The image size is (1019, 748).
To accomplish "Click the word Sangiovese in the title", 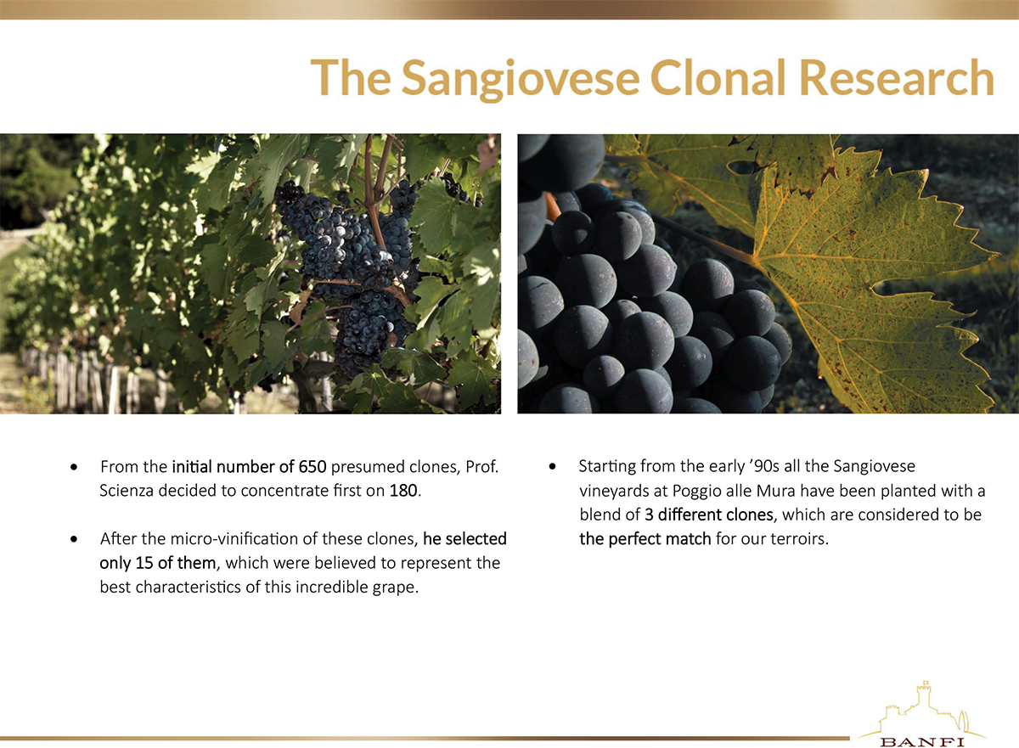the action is [520, 78].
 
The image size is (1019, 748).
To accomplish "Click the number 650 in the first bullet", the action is [312, 467].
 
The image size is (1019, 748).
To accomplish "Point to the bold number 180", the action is [403, 491].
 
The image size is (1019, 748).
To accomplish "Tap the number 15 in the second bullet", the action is [144, 563].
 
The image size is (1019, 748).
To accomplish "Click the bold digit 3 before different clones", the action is [649, 515].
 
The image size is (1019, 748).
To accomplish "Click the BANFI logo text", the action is [921, 742].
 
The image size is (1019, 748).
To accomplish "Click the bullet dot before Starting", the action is [552, 467].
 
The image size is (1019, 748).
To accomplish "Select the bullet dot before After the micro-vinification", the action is [74, 539].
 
